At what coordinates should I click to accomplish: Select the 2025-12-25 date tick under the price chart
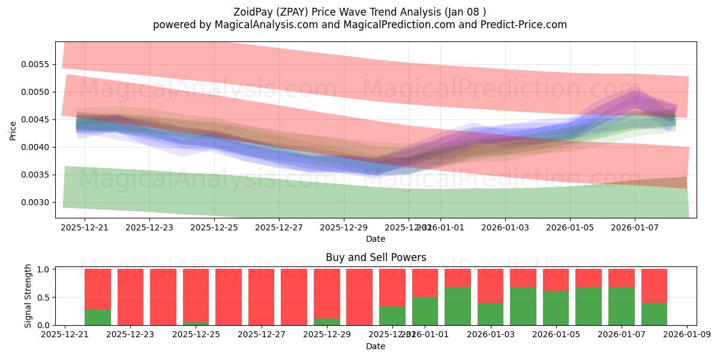click(214, 227)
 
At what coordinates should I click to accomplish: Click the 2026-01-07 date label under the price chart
click(635, 227)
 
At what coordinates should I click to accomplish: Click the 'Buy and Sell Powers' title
click(376, 257)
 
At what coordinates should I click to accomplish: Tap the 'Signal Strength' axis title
click(28, 296)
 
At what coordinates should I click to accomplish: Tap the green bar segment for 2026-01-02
click(458, 307)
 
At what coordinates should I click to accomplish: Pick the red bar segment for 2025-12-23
click(130, 297)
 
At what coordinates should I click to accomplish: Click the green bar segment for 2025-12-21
click(98, 317)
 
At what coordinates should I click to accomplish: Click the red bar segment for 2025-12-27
click(261, 297)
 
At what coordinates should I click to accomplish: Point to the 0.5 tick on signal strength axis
click(43, 297)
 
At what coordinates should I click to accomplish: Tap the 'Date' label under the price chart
click(376, 239)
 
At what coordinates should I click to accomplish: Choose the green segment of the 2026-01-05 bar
click(556, 308)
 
